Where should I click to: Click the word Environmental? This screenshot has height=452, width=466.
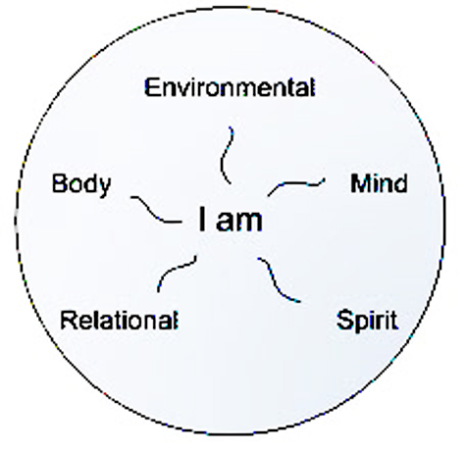[230, 87]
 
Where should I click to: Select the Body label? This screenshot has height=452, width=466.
[81, 185]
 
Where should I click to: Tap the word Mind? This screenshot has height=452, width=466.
[379, 183]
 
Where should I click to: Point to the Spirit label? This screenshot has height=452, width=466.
[368, 322]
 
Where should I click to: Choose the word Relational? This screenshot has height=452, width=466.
[120, 320]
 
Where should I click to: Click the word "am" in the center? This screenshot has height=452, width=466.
[239, 221]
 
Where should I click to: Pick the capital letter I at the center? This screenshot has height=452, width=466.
[202, 219]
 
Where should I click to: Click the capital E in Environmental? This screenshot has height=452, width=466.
[151, 87]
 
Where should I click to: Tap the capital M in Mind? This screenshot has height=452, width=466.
[359, 183]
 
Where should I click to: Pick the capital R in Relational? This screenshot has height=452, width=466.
[68, 320]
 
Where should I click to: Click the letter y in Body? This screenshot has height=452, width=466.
[105, 188]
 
